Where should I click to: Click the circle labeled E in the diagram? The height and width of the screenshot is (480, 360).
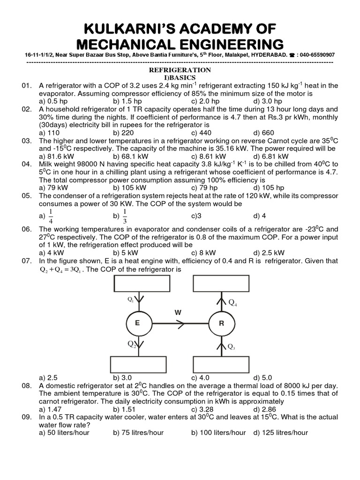[x=137, y=323]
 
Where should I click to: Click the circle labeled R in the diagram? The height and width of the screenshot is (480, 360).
[x=221, y=323]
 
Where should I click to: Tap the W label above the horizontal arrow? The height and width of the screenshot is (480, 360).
[x=178, y=311]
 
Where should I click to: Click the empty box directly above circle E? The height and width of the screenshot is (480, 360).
[x=142, y=283]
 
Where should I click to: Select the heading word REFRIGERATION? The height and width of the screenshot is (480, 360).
[x=180, y=70]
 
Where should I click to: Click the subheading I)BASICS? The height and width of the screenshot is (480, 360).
[x=180, y=77]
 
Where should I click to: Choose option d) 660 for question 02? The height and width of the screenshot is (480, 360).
[x=263, y=133]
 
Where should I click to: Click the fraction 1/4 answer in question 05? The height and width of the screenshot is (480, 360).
[x=51, y=216]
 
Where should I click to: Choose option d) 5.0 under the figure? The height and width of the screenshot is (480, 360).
[x=263, y=378]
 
